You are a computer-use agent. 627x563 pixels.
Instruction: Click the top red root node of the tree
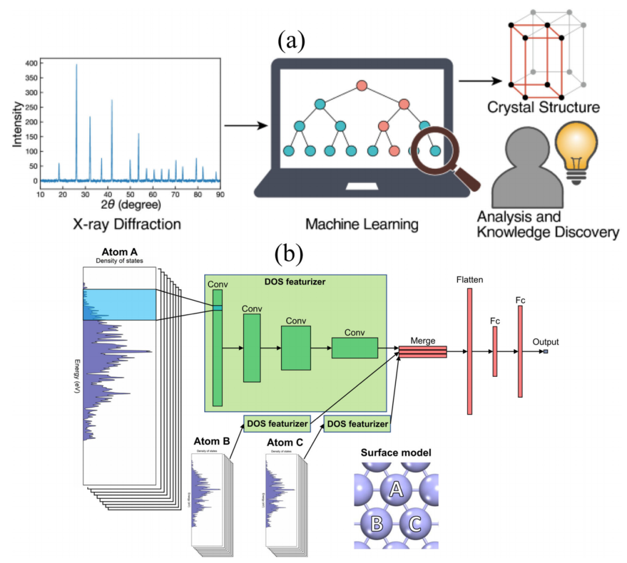pos(362,86)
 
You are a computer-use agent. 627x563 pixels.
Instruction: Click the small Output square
pos(546,351)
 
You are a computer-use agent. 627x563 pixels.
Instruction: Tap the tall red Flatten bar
pos(469,351)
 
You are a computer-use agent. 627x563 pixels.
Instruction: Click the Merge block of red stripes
pos(423,352)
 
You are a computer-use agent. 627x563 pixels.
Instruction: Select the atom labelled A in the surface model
pos(395,490)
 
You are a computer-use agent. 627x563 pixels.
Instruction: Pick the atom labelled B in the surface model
pos(376,524)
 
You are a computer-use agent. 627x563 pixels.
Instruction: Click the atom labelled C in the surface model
pos(415,524)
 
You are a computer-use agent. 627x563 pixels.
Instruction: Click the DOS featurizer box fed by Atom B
pos(276,424)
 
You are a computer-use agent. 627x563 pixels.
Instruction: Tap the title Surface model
pos(395,452)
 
